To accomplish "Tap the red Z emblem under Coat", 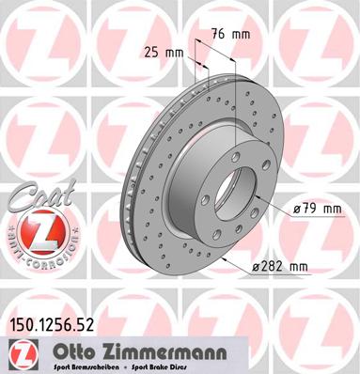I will point(37,232).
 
